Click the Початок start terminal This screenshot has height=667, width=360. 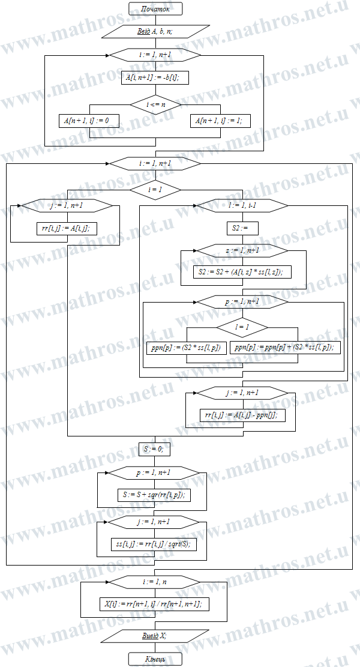[155, 8]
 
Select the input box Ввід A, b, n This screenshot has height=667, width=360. [155, 31]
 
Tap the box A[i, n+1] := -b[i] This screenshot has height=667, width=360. [155, 77]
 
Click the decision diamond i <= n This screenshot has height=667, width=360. [155, 104]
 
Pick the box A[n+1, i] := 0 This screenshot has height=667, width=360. [89, 121]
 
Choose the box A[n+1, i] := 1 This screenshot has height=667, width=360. [220, 121]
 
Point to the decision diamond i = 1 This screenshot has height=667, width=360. [155, 190]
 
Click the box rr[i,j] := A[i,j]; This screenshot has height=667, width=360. [67, 228]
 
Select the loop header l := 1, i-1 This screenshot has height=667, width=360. [242, 205]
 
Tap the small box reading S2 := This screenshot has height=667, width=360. [242, 228]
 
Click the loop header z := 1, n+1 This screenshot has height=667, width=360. [242, 250]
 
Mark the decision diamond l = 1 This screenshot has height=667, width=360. [242, 328]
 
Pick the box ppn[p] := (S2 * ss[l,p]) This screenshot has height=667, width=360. [186, 348]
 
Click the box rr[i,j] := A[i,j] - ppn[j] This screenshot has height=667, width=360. [242, 415]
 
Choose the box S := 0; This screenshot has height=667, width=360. [155, 449]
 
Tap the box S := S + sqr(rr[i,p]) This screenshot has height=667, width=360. [154, 495]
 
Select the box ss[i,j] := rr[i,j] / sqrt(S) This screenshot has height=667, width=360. [154, 544]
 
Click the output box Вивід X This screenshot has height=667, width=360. [155, 636]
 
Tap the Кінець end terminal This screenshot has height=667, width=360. [155, 659]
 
